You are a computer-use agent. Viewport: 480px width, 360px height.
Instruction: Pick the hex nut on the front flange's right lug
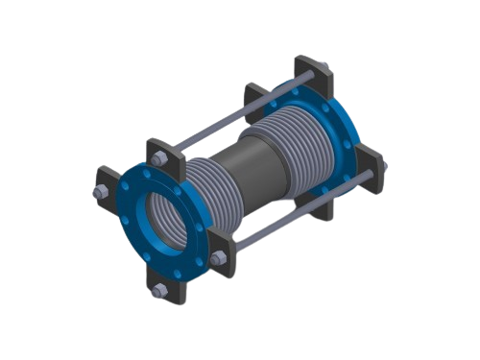tap(217, 258)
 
